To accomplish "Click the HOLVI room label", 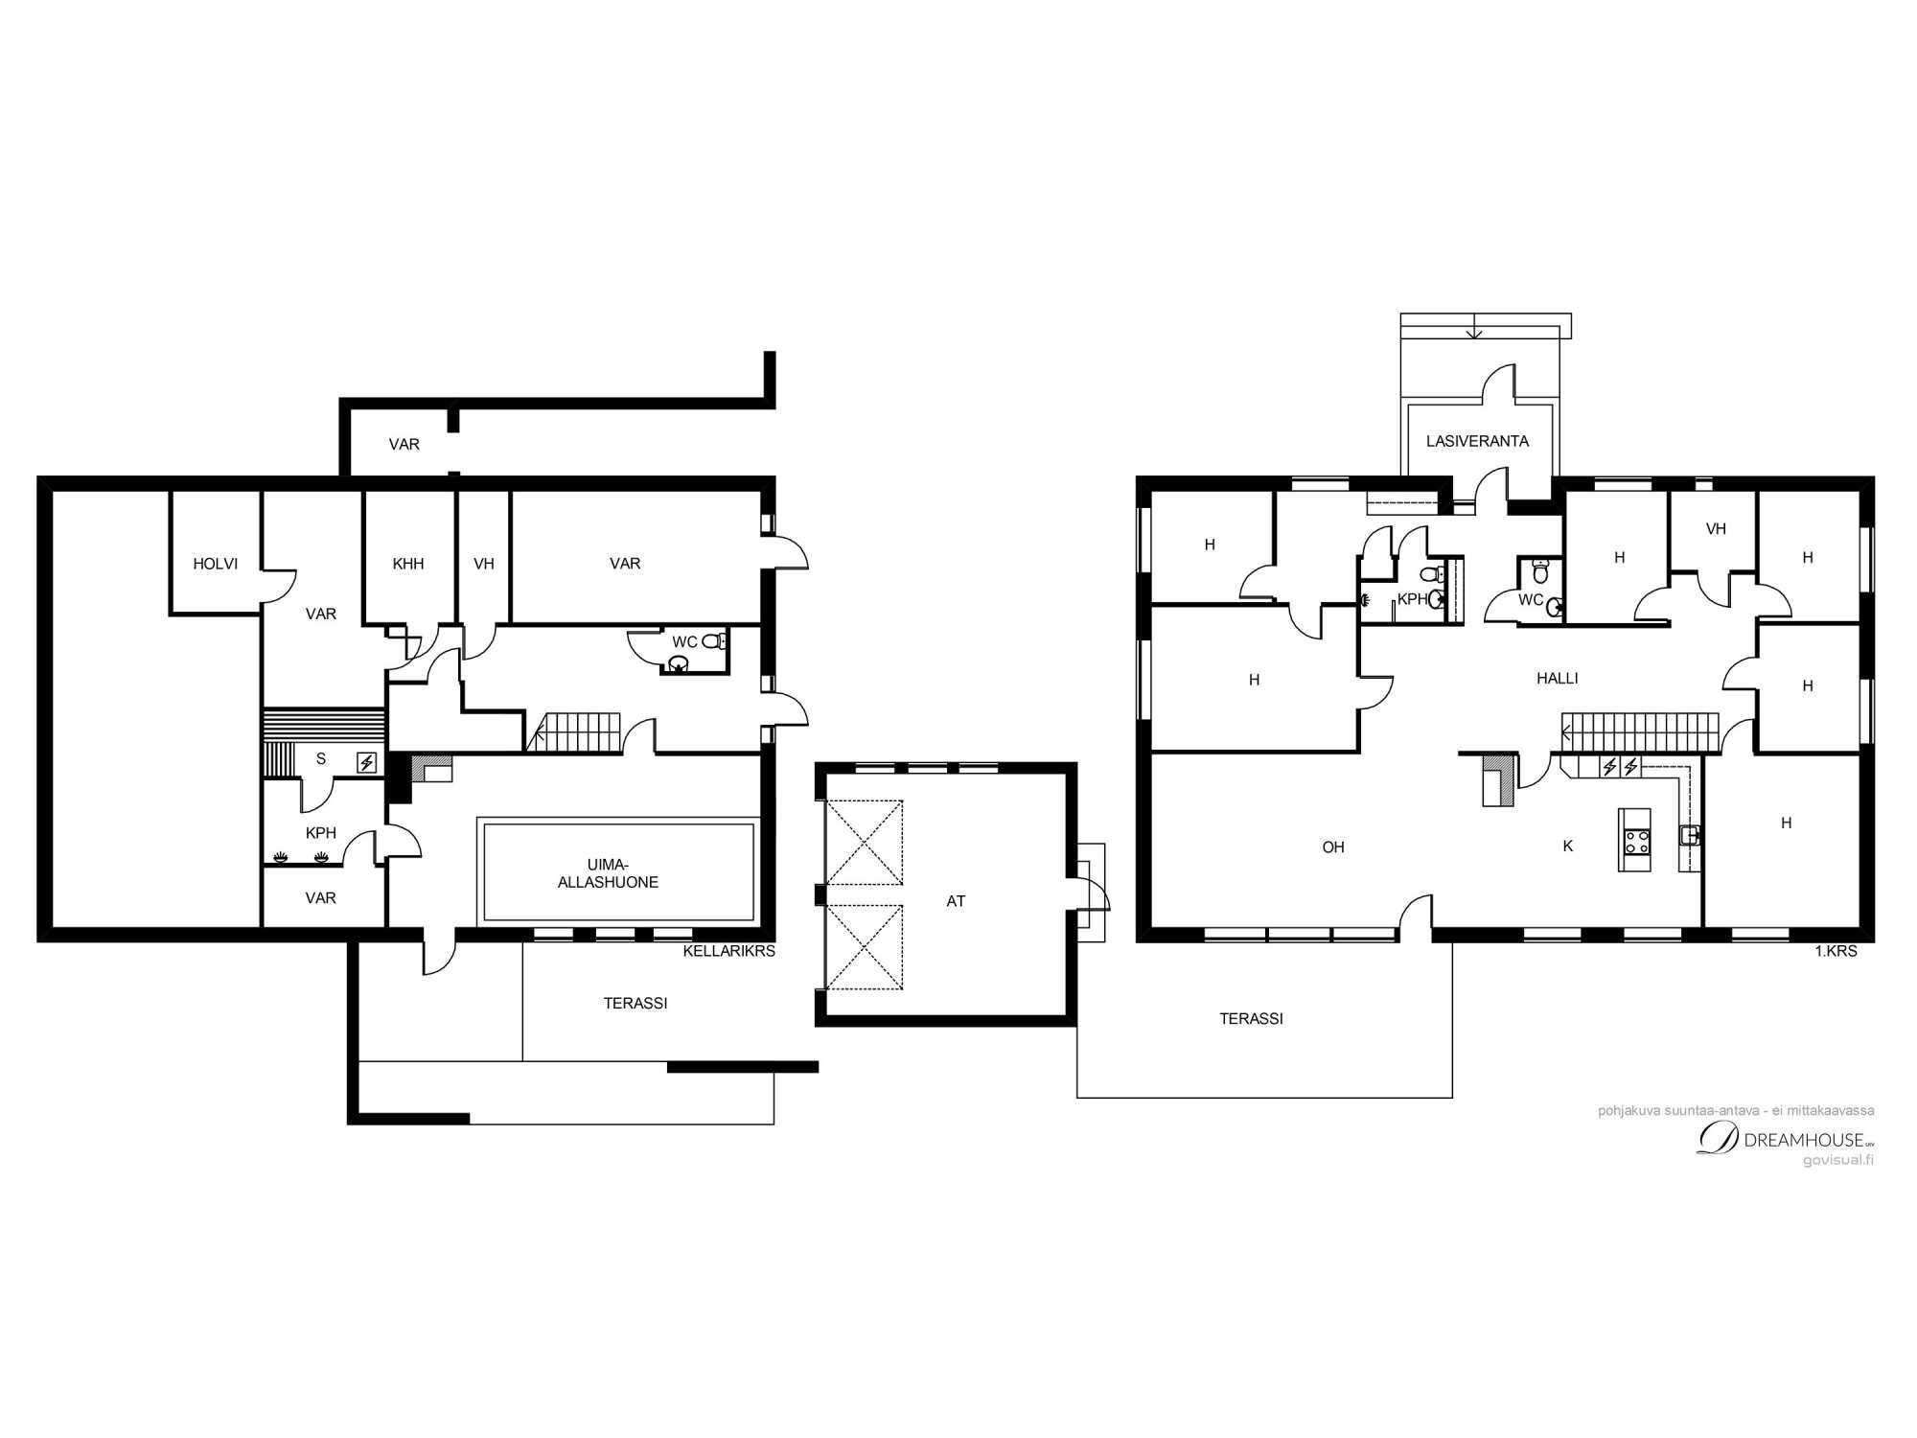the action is [216, 564].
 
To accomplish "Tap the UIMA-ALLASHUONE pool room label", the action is [608, 873].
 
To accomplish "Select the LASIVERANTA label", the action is [1477, 441].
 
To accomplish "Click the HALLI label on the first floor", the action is [1557, 678].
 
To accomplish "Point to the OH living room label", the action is [1333, 847].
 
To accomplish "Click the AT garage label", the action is [956, 901].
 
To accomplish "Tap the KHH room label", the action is [408, 564].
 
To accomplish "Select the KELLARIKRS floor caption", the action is [728, 951].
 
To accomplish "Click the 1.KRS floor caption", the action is [1836, 951].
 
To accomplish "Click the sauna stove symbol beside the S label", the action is [366, 763].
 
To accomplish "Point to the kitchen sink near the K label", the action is [1691, 835].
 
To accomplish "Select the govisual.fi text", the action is [1837, 1160].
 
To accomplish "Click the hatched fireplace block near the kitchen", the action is [1499, 779].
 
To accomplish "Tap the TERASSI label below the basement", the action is [635, 1003].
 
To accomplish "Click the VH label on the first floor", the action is [1716, 528].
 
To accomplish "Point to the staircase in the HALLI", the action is [1640, 733].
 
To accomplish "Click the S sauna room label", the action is [321, 758].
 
